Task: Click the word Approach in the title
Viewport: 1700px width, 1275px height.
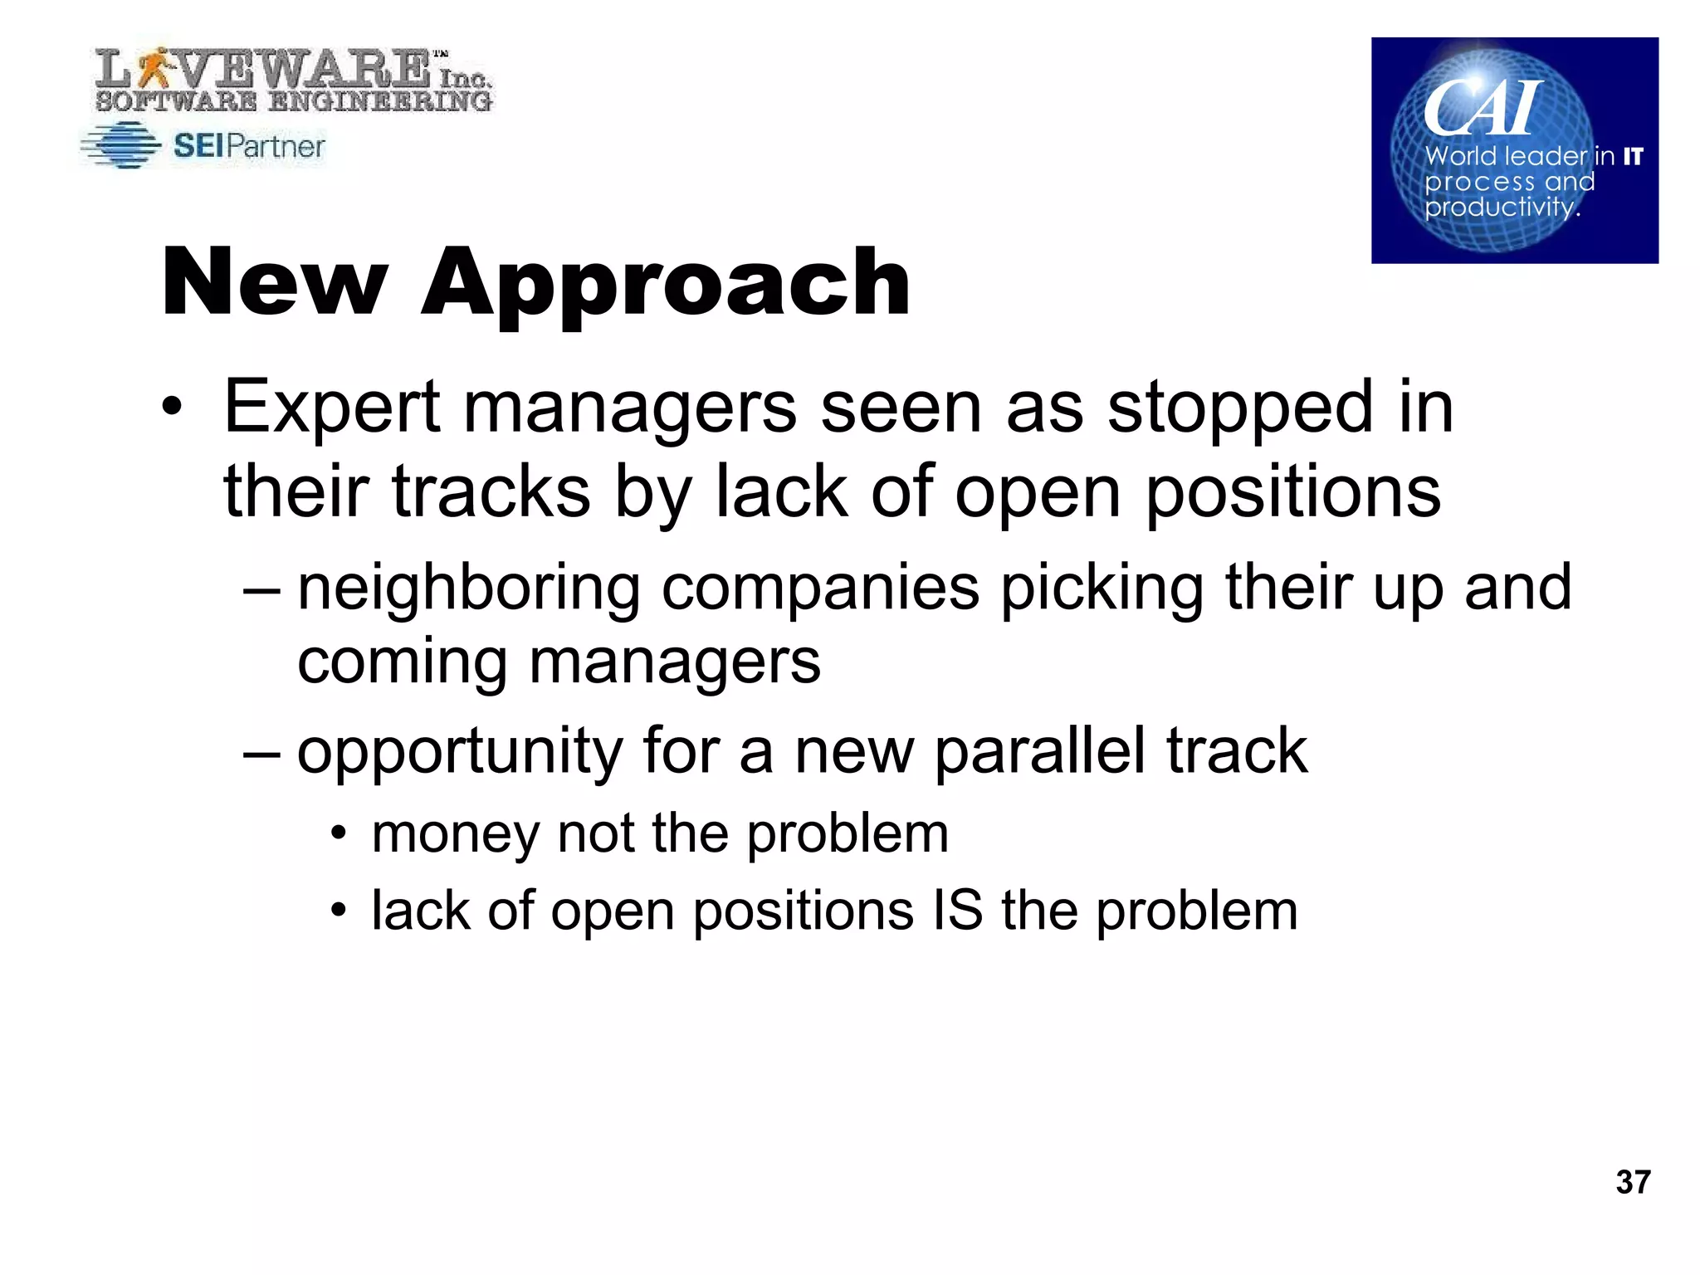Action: [666, 284]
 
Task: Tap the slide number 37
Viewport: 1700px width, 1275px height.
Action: [1633, 1181]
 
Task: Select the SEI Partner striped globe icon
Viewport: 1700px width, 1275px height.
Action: [121, 145]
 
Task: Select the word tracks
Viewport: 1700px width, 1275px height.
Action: [491, 491]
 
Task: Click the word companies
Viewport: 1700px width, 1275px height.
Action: [820, 587]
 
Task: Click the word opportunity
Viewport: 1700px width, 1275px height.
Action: [460, 751]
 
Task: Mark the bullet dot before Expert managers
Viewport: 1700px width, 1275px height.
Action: [171, 408]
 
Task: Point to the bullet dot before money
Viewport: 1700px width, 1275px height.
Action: [337, 833]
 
